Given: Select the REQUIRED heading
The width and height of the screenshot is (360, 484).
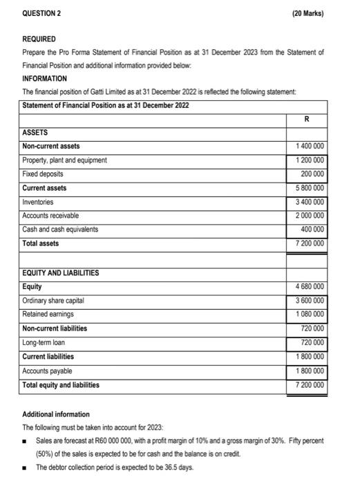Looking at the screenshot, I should click(39, 39).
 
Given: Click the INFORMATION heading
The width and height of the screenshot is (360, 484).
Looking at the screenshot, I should click(45, 79).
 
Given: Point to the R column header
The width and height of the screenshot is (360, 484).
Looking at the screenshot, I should click(306, 119).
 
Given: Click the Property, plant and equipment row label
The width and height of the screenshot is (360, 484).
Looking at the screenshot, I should click(65, 160).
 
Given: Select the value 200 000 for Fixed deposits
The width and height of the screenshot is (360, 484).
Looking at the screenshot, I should click(310, 174).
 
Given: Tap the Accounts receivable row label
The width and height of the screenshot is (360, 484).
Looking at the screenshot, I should click(50, 216).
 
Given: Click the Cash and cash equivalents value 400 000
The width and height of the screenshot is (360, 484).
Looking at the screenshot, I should click(310, 230).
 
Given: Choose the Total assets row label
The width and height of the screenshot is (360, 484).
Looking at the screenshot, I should click(41, 243).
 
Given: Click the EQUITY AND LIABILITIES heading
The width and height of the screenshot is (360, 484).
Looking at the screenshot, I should click(61, 273).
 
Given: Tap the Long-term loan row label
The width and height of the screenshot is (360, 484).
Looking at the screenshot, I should click(44, 343).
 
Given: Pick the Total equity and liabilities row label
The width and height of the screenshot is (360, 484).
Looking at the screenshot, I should click(61, 385).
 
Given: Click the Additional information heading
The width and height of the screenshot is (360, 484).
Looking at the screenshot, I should click(56, 414).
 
